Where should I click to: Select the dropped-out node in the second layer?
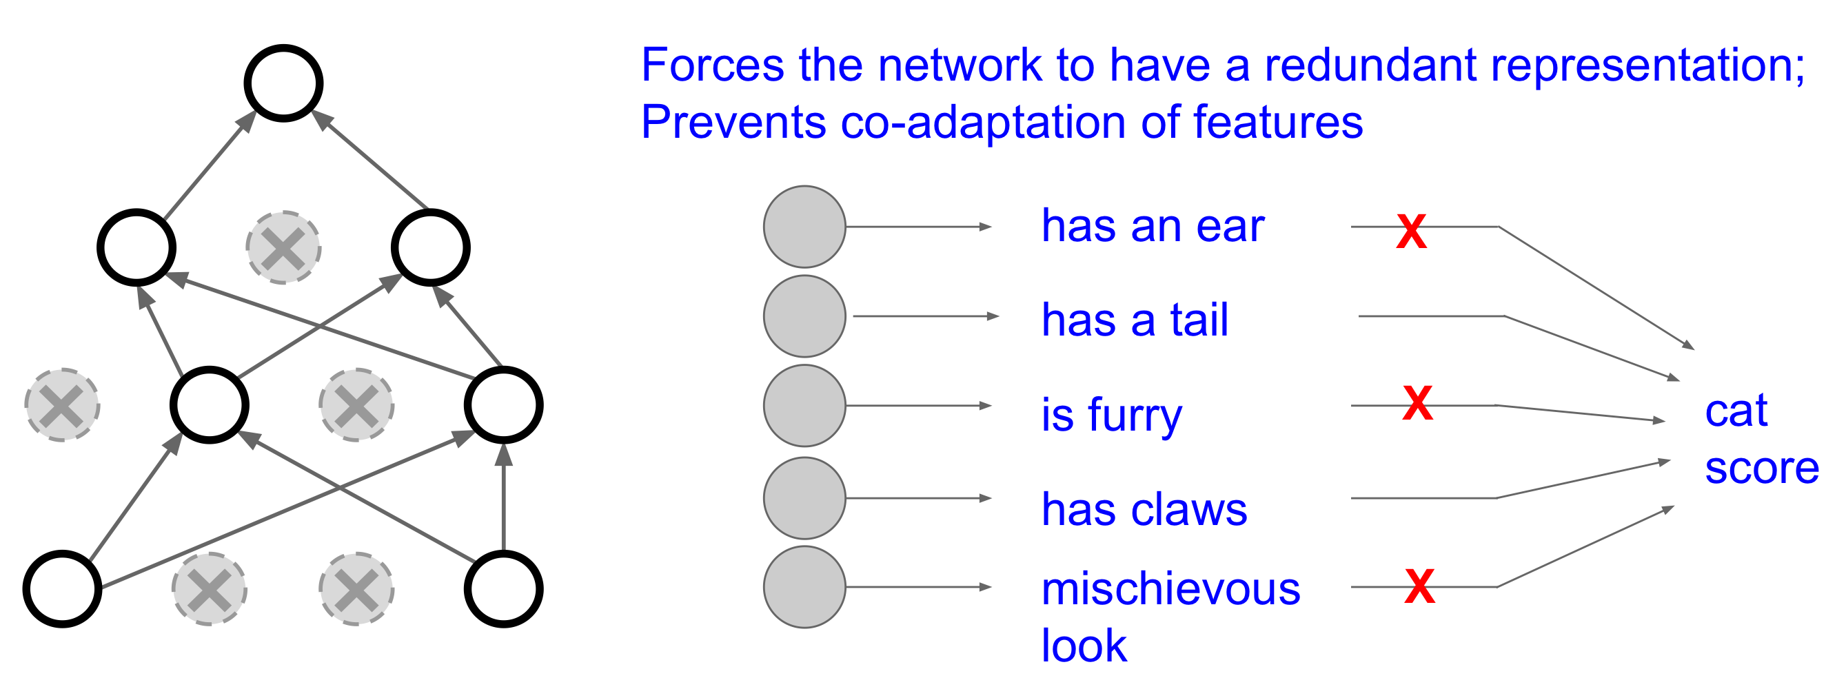(x=284, y=248)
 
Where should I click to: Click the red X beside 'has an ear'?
(x=1411, y=232)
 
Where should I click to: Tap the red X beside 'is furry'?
(x=1417, y=402)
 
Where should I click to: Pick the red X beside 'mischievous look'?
(x=1419, y=586)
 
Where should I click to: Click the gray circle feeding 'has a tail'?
(x=804, y=316)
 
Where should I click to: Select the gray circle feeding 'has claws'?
(x=804, y=498)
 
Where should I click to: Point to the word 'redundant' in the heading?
(x=1370, y=65)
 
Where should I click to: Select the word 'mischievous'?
(x=1171, y=590)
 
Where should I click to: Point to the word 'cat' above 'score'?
(x=1736, y=411)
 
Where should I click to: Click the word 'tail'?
(x=1199, y=320)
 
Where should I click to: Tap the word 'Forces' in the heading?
(x=712, y=65)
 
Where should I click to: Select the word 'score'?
(x=1762, y=470)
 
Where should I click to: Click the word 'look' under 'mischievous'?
(x=1084, y=646)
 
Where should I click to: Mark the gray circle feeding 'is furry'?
(x=804, y=406)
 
